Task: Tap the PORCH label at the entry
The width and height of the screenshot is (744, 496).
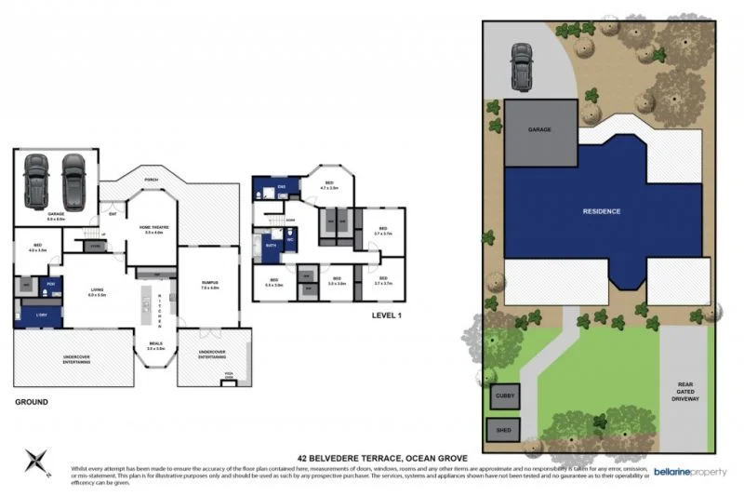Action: [x=151, y=181]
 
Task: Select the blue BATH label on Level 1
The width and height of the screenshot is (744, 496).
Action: [x=271, y=246]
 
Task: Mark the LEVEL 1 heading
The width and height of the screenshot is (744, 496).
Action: [x=386, y=315]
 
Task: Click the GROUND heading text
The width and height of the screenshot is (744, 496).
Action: [x=31, y=402]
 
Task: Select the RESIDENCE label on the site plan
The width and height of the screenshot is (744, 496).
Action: [x=601, y=211]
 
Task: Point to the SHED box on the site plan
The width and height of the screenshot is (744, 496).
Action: [x=504, y=430]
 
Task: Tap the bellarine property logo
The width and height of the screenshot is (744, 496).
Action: [x=690, y=472]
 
